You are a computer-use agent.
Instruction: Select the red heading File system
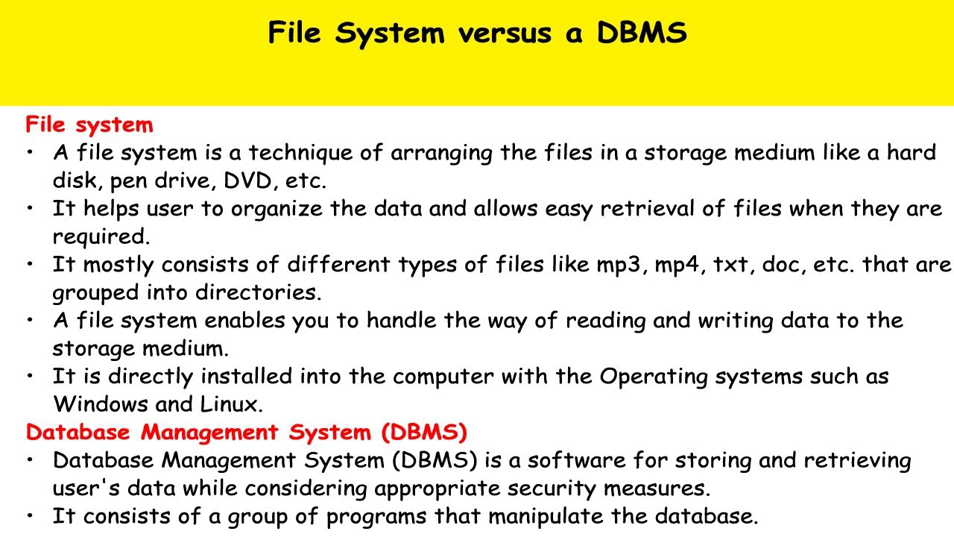(x=89, y=125)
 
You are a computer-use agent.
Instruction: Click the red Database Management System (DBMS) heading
(x=246, y=432)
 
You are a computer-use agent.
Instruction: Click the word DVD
(x=262, y=180)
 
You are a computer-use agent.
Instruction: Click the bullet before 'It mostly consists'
(x=30, y=265)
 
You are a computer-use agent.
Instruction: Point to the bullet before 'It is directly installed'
(x=30, y=377)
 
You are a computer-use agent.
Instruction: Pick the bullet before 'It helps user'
(x=30, y=209)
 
